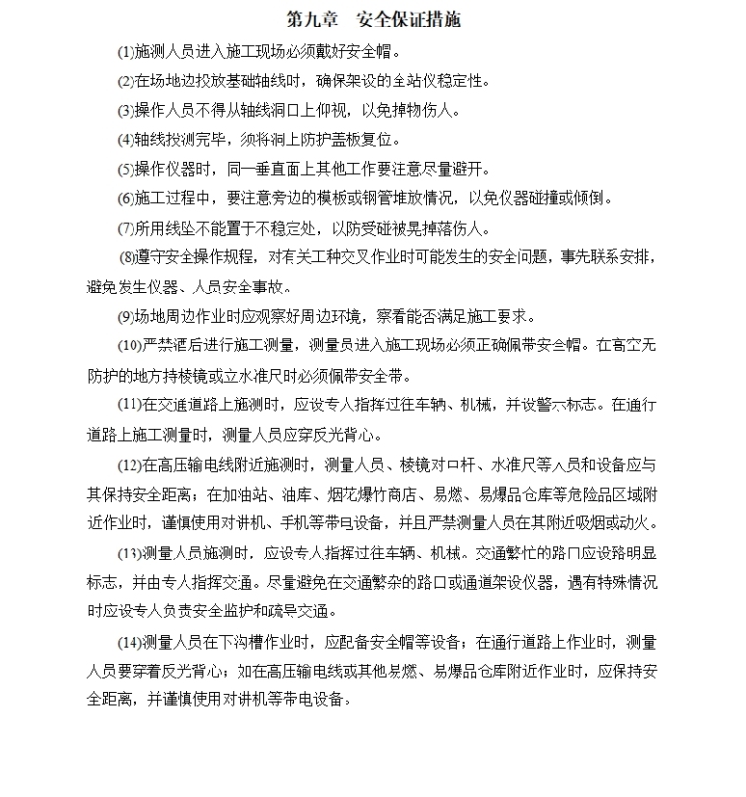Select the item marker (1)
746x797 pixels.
point(126,51)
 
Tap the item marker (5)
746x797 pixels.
point(126,169)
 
